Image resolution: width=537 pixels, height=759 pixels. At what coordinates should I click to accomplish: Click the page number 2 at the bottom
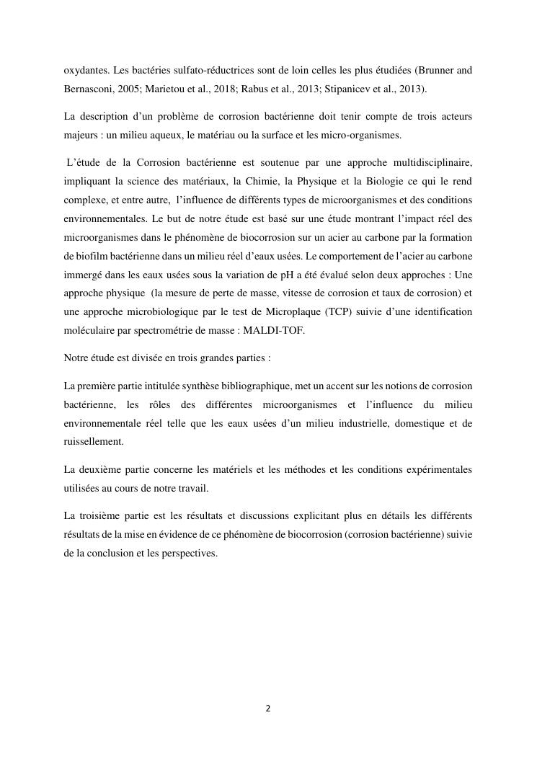(x=268, y=709)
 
